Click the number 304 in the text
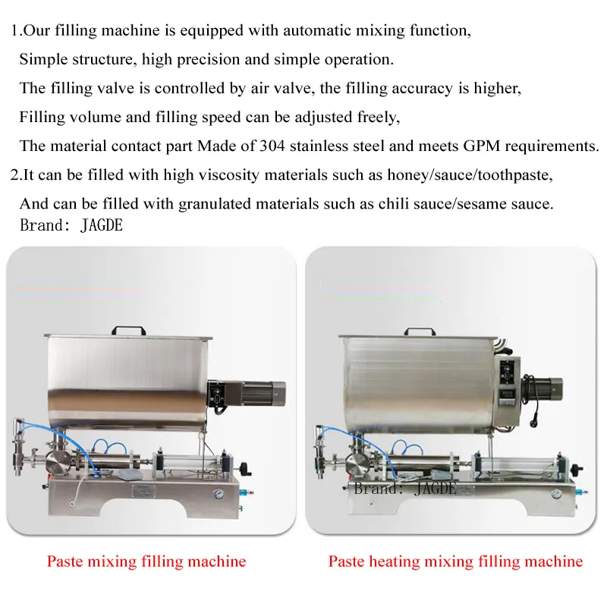[x=272, y=146]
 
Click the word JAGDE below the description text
[x=102, y=225]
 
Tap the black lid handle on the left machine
[x=128, y=331]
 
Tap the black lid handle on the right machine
[x=420, y=332]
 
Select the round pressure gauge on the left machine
[x=218, y=495]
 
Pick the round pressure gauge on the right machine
[x=556, y=495]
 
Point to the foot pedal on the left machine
[x=127, y=475]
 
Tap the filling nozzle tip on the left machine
[x=17, y=471]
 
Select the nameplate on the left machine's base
[x=143, y=491]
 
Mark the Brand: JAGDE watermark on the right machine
[x=405, y=489]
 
